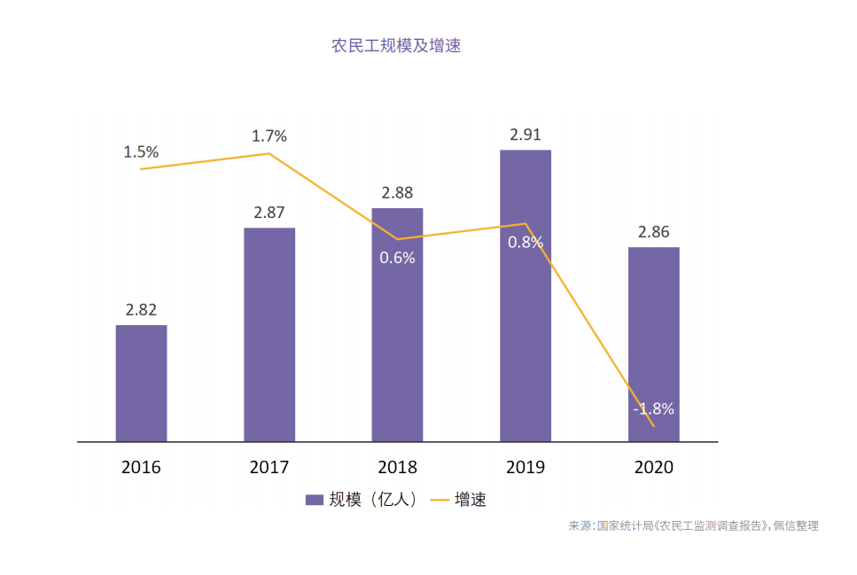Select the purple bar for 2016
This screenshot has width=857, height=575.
141,383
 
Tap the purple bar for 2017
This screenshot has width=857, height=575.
269,335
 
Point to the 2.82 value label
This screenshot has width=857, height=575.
141,310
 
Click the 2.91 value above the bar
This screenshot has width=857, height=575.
526,136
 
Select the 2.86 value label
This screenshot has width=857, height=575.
654,232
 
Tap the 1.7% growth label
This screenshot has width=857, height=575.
269,136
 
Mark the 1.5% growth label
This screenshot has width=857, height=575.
141,152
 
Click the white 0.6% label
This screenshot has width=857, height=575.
397,259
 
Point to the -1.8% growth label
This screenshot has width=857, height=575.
654,409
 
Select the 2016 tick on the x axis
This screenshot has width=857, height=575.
141,467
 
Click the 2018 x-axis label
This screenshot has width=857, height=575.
397,467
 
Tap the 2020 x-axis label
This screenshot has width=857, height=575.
654,467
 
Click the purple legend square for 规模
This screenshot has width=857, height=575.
314,500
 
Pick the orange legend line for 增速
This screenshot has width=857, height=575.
440,500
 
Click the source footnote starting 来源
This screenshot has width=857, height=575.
693,526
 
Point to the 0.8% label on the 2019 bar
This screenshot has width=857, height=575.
526,243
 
